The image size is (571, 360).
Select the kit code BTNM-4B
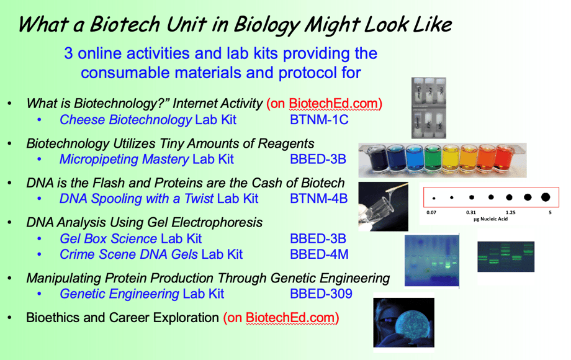tap(318, 199)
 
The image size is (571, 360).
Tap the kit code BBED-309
tap(321, 293)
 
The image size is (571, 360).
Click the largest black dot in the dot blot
tap(546, 197)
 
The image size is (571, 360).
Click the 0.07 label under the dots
tap(431, 212)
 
